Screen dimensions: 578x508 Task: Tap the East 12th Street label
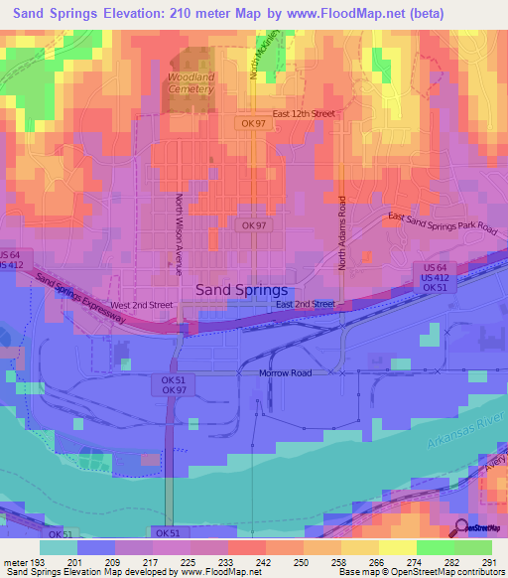point(304,113)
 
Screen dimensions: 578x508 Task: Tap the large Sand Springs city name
point(242,289)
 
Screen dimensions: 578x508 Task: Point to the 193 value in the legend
point(37,563)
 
